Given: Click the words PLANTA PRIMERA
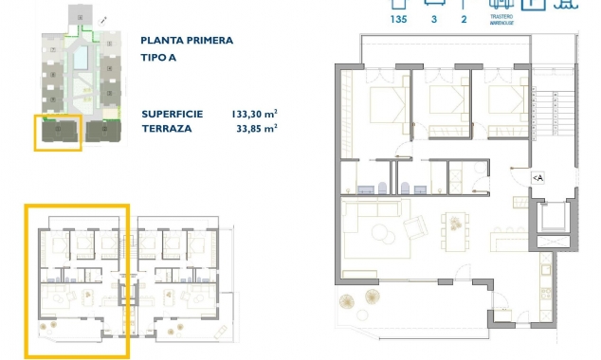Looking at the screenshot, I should pyautogui.click(x=186, y=41).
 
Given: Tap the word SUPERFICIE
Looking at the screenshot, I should pyautogui.click(x=173, y=114).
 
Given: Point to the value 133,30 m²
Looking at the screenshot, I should pyautogui.click(x=254, y=114).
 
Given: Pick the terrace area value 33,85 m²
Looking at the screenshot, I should pyautogui.click(x=256, y=128).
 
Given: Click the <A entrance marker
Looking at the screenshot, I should pyautogui.click(x=537, y=177).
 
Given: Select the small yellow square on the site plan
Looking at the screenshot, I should pyautogui.click(x=58, y=133).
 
